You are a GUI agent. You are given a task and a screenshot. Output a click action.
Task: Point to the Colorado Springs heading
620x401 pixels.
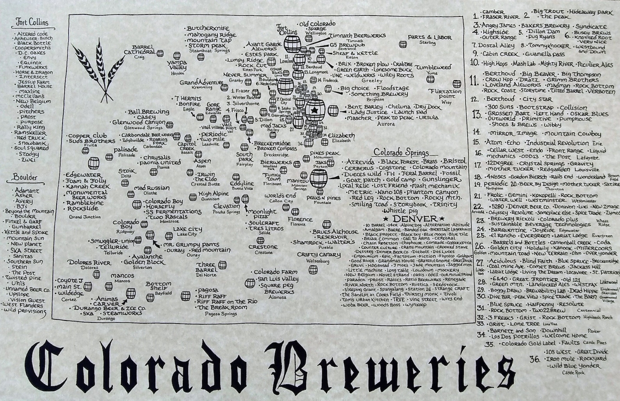401,152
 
